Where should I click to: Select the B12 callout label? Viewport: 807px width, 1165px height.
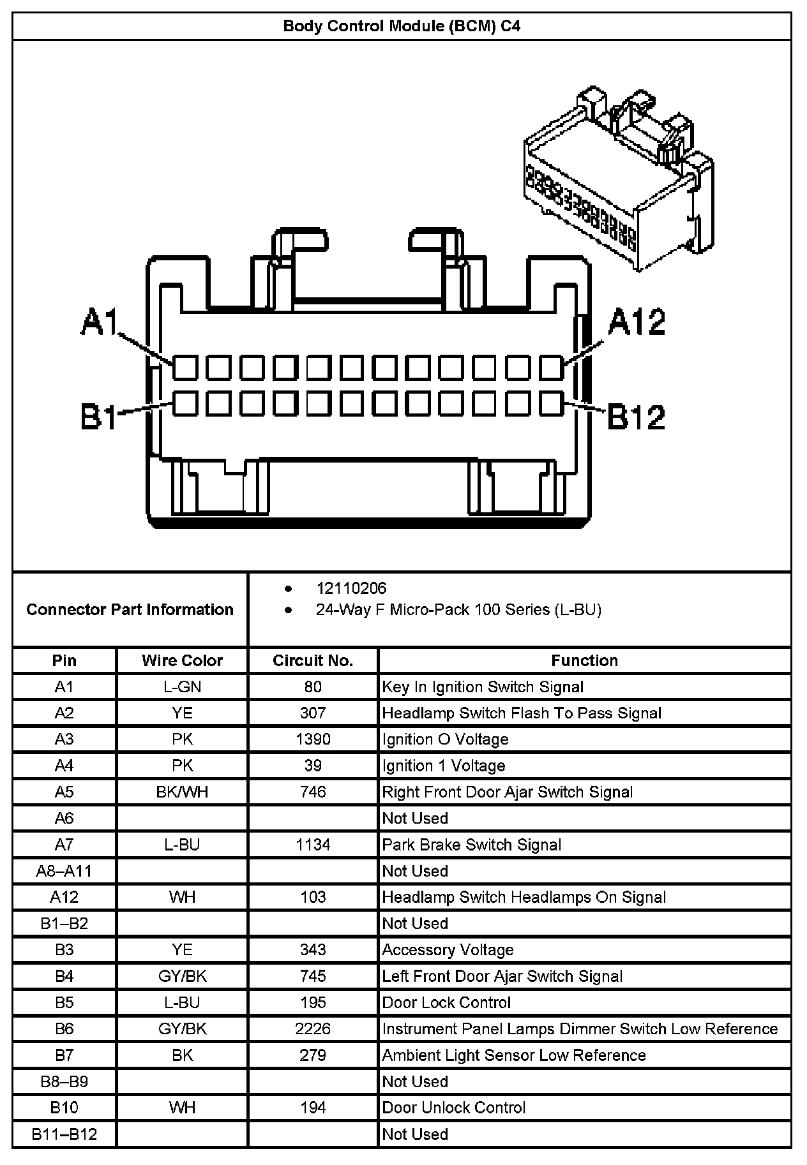(x=636, y=417)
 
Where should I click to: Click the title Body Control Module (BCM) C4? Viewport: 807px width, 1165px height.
(x=402, y=26)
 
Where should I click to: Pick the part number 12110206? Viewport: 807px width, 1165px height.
(x=351, y=588)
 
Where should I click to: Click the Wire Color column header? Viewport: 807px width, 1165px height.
(x=182, y=660)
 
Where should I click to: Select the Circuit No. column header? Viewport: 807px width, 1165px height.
(x=313, y=660)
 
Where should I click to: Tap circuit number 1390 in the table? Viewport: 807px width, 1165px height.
(x=313, y=739)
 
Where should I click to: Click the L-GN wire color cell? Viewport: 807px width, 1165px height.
(x=182, y=687)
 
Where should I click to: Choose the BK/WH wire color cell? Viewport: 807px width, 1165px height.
(x=182, y=792)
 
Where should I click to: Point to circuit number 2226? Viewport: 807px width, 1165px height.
(x=313, y=1028)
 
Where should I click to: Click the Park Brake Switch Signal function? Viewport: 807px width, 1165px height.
(x=472, y=845)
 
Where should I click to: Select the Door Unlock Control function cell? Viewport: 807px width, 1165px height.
(x=454, y=1108)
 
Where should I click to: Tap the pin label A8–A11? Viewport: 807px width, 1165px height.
(x=64, y=871)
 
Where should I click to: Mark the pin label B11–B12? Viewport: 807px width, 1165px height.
(x=64, y=1134)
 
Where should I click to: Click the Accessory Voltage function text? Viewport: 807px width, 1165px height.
(x=448, y=950)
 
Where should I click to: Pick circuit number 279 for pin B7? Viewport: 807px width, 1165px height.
(x=313, y=1055)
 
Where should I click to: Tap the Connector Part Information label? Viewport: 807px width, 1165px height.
(x=130, y=609)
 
